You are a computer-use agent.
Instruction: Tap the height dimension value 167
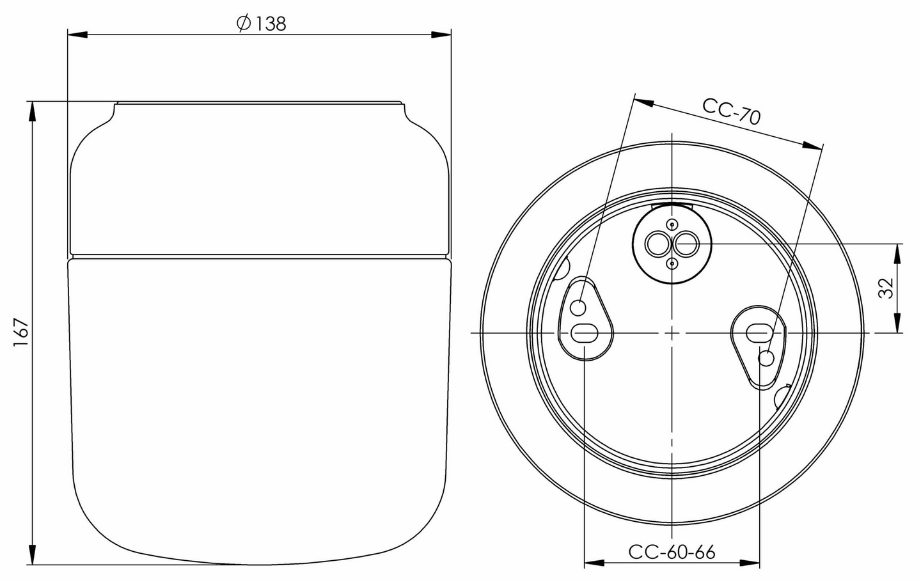point(21,333)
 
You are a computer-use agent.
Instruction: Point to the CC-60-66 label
point(672,552)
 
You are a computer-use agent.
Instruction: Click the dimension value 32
point(886,288)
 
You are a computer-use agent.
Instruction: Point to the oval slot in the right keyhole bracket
point(759,333)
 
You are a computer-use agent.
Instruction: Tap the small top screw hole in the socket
point(672,224)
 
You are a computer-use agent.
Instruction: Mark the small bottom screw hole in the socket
point(672,263)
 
